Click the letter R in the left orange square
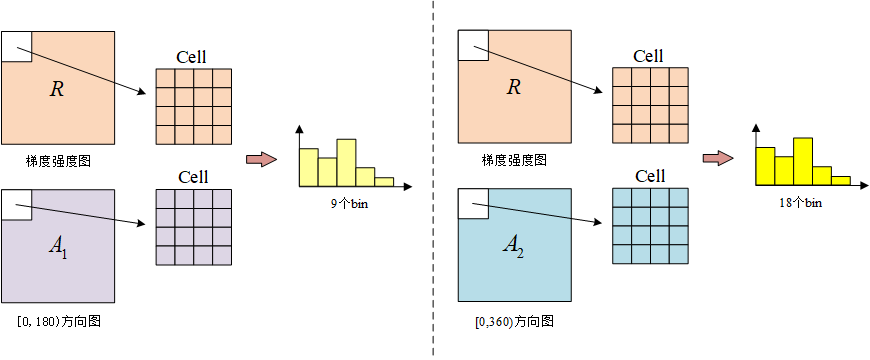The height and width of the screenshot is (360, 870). [x=57, y=89]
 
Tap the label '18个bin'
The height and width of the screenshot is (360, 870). [x=802, y=203]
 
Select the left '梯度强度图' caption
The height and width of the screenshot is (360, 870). [x=59, y=159]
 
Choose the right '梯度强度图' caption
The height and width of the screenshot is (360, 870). [x=514, y=159]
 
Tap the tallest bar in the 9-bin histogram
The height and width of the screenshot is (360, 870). [x=346, y=162]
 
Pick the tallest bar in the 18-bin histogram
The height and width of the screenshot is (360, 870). [x=802, y=161]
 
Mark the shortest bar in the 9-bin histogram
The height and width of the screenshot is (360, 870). [x=384, y=181]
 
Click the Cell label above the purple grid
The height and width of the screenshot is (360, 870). [x=193, y=177]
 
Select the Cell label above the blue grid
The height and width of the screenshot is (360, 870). [x=649, y=176]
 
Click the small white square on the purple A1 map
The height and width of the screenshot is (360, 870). [x=17, y=205]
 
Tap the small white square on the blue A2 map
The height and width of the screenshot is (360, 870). [x=473, y=205]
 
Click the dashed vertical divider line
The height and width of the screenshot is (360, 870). [x=433, y=180]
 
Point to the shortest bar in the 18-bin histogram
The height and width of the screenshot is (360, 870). [x=840, y=180]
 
